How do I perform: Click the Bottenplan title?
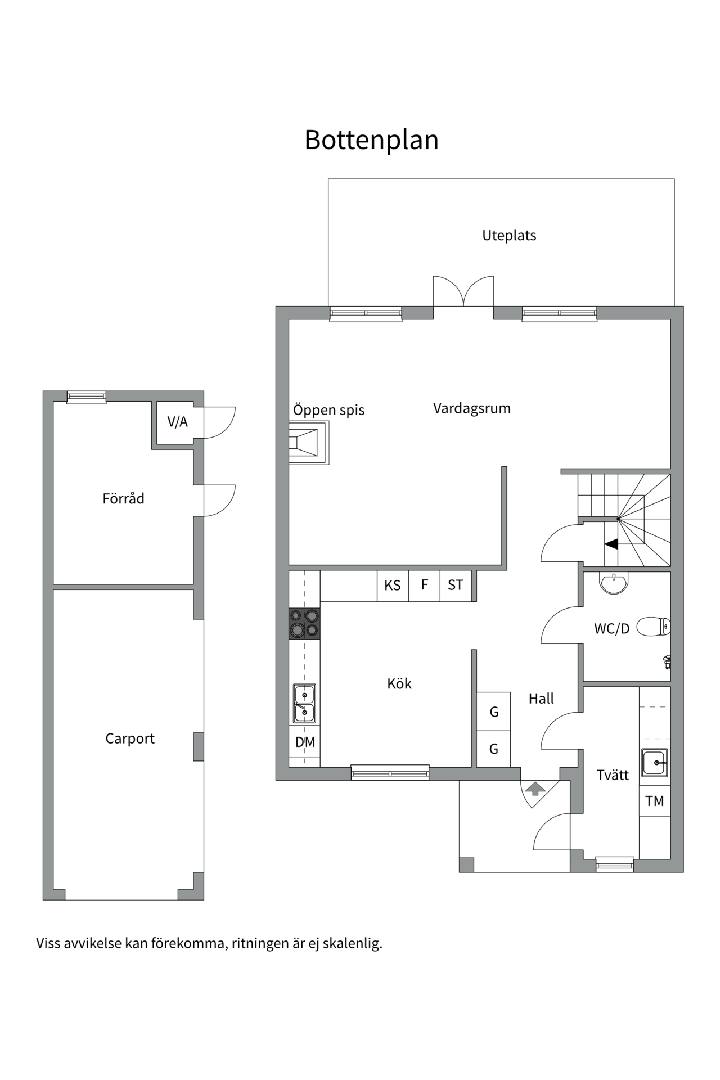tap(371, 140)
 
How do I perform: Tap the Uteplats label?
tap(509, 236)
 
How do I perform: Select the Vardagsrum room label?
tap(472, 408)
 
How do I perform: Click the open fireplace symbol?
tap(309, 442)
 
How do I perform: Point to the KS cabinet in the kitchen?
tap(393, 586)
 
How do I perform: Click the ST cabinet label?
tap(456, 586)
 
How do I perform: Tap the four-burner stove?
tap(304, 624)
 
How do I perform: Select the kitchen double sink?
tap(304, 704)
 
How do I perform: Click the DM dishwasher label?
tap(305, 742)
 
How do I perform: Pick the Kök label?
tap(399, 684)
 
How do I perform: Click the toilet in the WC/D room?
tap(654, 626)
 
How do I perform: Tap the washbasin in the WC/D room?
tap(614, 583)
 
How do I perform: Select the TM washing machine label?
tap(655, 801)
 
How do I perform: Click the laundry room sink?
tap(655, 763)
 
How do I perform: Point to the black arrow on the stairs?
tap(611, 544)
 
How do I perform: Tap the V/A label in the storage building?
tap(177, 422)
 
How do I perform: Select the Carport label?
tap(130, 739)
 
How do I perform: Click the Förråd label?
tap(123, 498)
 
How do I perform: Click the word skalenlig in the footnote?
tap(352, 944)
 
